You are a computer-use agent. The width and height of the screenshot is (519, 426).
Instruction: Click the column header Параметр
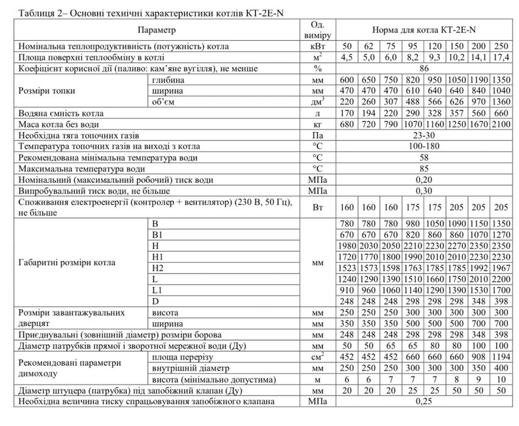(x=157, y=29)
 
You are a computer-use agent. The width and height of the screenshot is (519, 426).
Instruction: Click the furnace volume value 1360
(x=501, y=102)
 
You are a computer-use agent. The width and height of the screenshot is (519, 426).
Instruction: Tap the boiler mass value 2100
(x=501, y=124)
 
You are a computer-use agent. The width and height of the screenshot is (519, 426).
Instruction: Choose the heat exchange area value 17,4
(x=501, y=58)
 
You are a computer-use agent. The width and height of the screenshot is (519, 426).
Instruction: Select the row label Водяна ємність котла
(x=61, y=113)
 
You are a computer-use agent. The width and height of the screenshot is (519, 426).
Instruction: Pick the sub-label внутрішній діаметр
(x=183, y=368)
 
